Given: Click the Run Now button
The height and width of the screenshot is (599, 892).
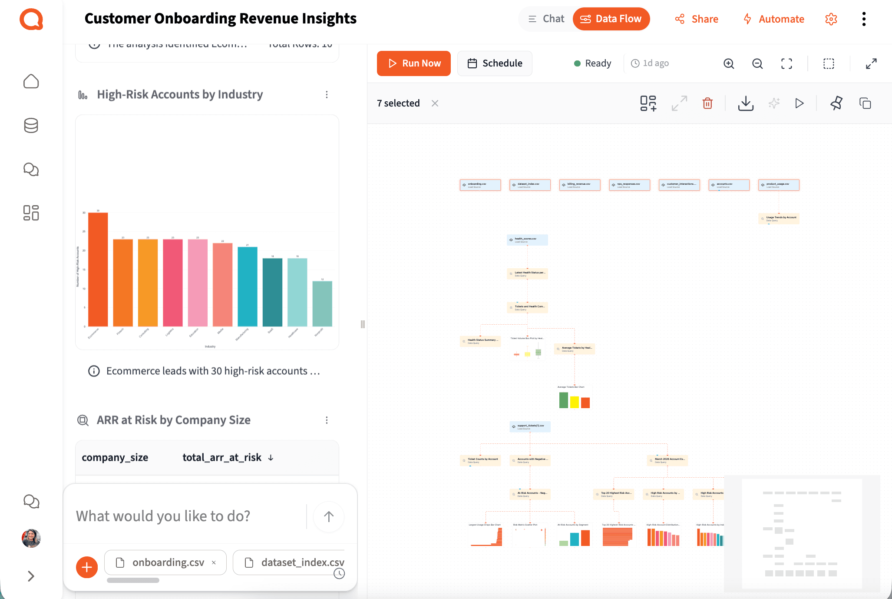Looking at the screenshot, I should click(413, 63).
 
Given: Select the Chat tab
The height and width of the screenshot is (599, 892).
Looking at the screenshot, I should click(546, 19).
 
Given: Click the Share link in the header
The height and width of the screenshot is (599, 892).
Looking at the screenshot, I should click(697, 19).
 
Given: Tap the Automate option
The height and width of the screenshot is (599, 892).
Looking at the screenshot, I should click(773, 19).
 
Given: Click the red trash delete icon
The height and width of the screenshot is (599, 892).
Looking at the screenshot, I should click(707, 103).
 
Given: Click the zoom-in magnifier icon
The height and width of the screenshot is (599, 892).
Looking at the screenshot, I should click(729, 63).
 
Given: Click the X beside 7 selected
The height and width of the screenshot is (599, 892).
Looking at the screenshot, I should click(435, 103).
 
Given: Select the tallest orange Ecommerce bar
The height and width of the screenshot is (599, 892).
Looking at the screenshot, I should click(98, 270).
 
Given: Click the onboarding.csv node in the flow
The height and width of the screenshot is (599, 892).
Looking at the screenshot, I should click(480, 185).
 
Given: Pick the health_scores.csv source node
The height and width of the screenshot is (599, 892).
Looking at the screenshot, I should click(527, 240).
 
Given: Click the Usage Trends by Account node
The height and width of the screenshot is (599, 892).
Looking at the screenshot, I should click(779, 218).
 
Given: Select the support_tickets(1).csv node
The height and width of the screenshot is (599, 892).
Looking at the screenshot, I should click(530, 427).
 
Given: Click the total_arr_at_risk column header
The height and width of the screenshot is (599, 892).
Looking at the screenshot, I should click(222, 457).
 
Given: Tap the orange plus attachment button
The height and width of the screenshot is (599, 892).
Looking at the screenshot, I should click(87, 567).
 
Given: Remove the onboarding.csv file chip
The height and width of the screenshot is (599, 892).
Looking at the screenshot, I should click(214, 562).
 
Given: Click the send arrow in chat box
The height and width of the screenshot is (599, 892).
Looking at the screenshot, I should click(329, 516).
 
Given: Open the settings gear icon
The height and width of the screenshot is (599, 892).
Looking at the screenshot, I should click(831, 19).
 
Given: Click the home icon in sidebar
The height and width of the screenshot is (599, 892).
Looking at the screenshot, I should click(31, 81).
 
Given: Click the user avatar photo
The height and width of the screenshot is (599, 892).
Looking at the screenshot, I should click(31, 538).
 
